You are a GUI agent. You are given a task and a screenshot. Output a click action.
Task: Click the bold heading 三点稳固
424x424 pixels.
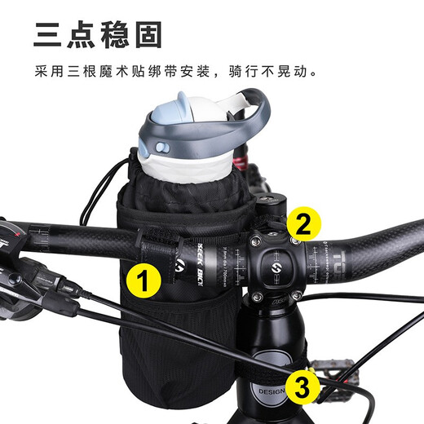click(98, 35)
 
